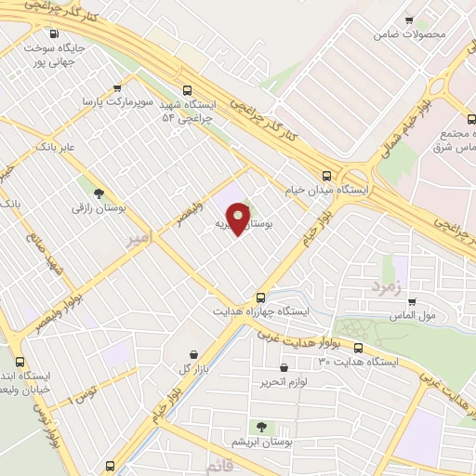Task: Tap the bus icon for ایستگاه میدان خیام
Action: (x=326, y=175)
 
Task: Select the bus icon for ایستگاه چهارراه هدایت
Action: (x=261, y=297)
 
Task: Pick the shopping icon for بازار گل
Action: (x=192, y=354)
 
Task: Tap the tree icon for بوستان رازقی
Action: (x=99, y=193)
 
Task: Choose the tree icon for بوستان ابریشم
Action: (x=261, y=427)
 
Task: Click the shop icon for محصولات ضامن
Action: (x=408, y=20)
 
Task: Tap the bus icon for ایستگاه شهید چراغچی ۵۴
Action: (x=188, y=90)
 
